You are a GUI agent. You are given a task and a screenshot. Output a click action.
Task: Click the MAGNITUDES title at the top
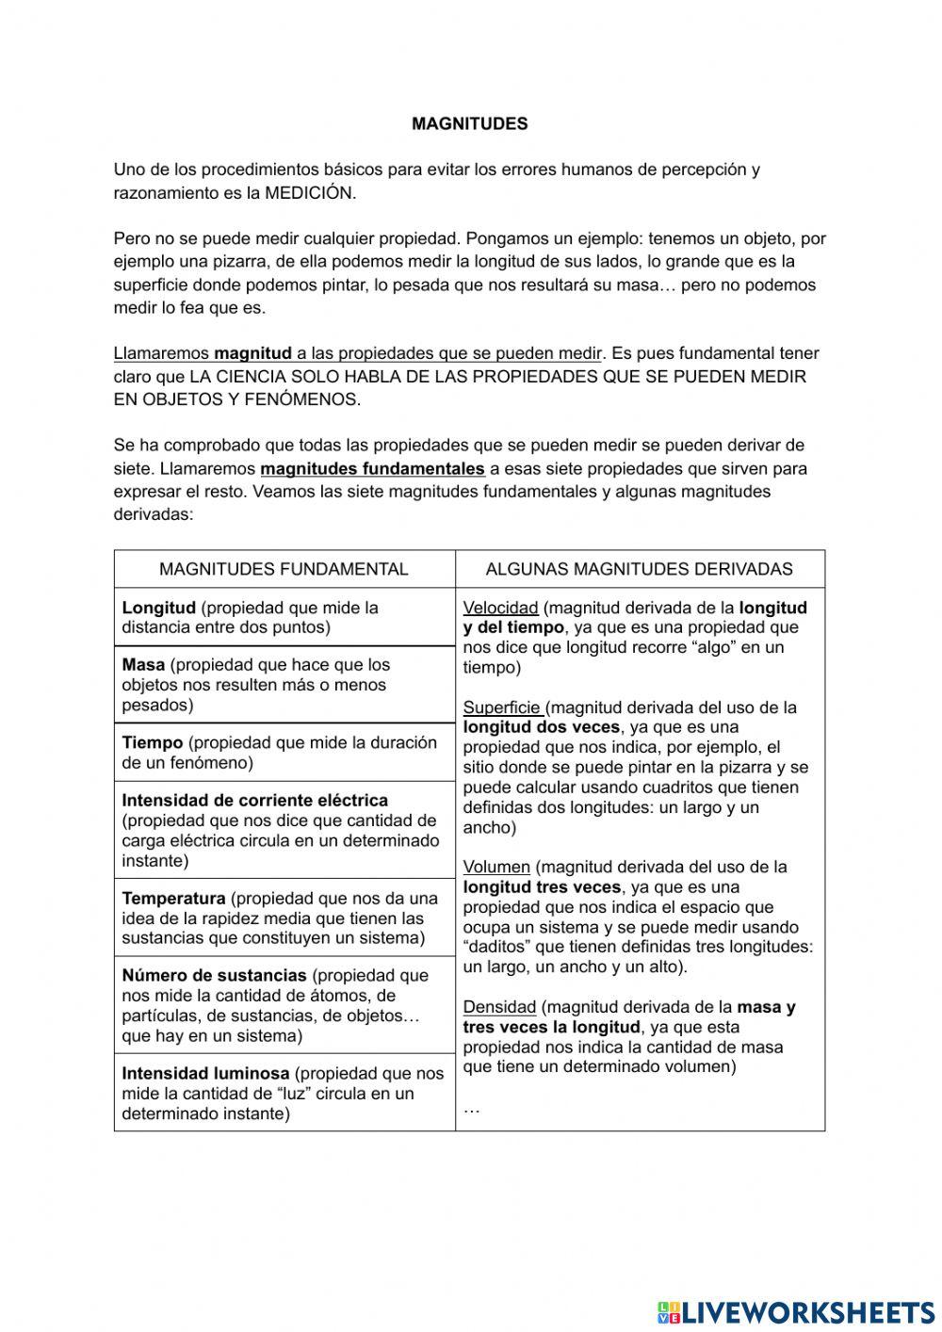[469, 123]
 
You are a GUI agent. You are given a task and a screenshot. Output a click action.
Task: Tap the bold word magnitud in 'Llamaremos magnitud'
[252, 354]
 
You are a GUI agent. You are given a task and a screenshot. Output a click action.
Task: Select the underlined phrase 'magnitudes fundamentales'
[372, 468]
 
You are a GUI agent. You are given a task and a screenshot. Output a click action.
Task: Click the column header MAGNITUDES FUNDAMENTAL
[284, 569]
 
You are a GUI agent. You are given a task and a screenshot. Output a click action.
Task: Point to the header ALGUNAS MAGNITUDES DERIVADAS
[639, 569]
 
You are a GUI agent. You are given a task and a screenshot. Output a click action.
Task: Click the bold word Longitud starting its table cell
[158, 608]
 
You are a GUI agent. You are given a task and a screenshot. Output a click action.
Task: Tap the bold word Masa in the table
[143, 665]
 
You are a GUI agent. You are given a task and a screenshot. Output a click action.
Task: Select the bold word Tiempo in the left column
[152, 742]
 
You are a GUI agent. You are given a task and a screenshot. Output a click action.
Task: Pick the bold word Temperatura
[173, 899]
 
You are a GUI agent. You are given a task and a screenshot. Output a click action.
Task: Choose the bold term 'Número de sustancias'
[214, 976]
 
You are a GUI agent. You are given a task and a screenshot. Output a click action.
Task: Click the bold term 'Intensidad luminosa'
[205, 1073]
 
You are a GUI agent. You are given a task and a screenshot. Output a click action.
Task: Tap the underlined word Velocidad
[500, 608]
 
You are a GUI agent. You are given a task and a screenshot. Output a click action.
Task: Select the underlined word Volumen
[496, 867]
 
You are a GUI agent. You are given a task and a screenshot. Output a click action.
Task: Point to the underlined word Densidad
[499, 1007]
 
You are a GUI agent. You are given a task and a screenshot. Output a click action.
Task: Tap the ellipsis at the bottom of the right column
[472, 1110]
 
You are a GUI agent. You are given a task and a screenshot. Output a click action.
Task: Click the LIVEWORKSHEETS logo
[795, 1312]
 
